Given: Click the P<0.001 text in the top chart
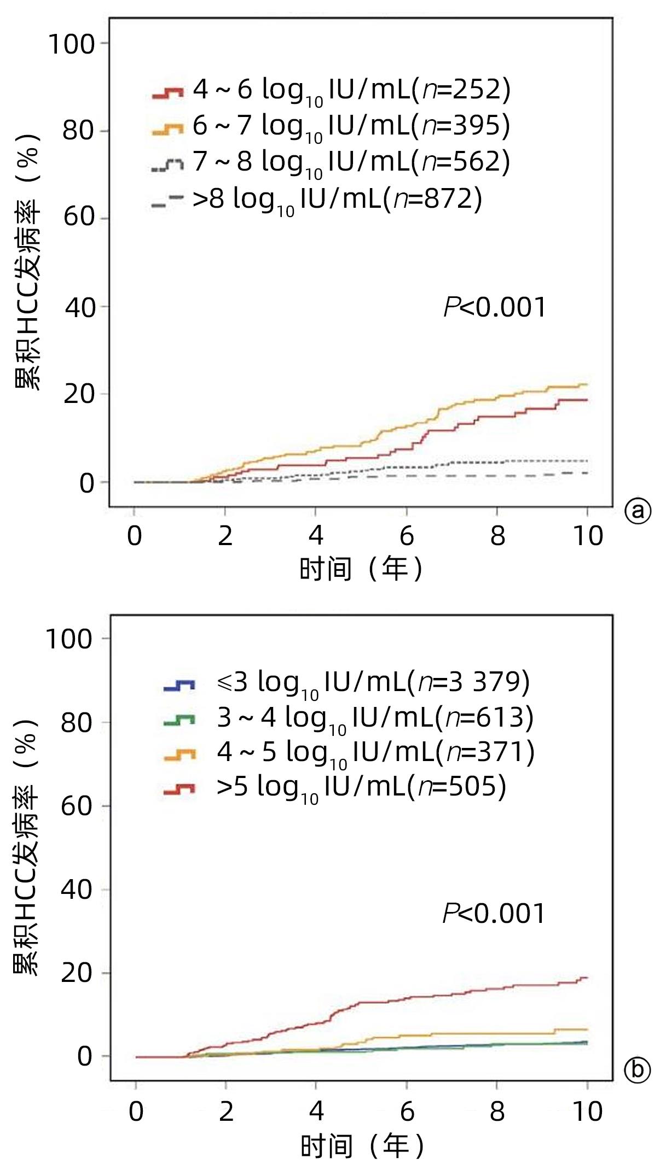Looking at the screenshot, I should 495,307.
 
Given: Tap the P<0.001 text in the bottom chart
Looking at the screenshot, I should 494,914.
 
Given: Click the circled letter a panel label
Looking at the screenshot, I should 638,511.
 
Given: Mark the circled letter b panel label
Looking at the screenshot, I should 638,1069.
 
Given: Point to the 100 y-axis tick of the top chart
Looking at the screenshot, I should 72,44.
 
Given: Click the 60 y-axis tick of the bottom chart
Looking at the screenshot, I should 77,806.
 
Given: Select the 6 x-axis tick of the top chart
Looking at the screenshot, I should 407,536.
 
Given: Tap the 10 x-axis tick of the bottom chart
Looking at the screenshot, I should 587,1112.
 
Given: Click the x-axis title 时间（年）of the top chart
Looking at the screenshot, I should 361,569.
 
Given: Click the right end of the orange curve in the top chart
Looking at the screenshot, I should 587,384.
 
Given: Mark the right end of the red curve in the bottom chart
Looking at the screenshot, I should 587,978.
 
